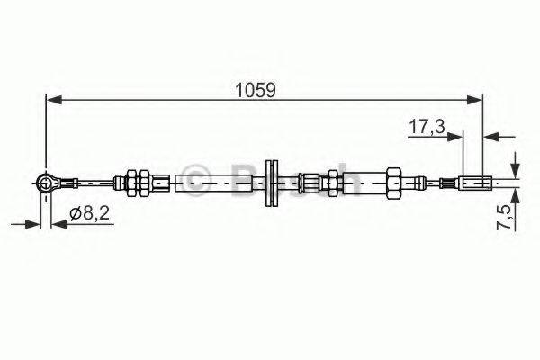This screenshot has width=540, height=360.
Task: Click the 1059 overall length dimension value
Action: coord(255,90)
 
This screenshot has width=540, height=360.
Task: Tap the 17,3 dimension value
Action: coord(427,127)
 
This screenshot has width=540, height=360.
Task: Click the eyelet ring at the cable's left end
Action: coord(45,184)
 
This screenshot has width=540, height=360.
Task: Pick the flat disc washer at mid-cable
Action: coord(270,184)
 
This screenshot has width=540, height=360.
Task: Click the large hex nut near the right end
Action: coord(393,184)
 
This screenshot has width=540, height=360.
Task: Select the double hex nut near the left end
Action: coord(138,184)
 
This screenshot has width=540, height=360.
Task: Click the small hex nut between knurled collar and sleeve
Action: coord(331,184)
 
